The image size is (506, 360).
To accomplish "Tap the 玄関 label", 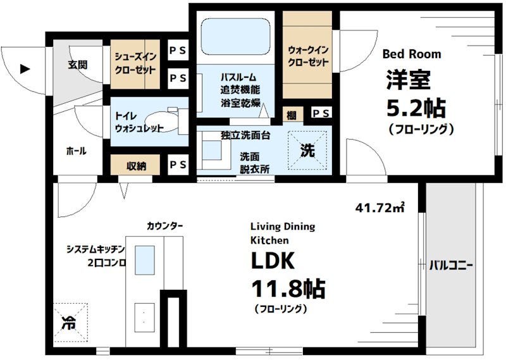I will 77,65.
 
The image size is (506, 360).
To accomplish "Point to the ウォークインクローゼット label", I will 308,56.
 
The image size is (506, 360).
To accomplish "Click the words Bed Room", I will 412,54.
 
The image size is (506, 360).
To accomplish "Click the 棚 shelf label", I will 290,113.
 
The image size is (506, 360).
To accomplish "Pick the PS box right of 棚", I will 321,113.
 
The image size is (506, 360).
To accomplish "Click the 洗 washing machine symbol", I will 307,151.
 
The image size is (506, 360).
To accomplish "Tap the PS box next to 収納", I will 177,165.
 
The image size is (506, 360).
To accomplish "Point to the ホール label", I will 75,151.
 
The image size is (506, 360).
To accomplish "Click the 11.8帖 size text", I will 288,290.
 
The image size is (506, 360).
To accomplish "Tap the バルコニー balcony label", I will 451,264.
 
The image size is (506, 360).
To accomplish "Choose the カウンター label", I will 165,225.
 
